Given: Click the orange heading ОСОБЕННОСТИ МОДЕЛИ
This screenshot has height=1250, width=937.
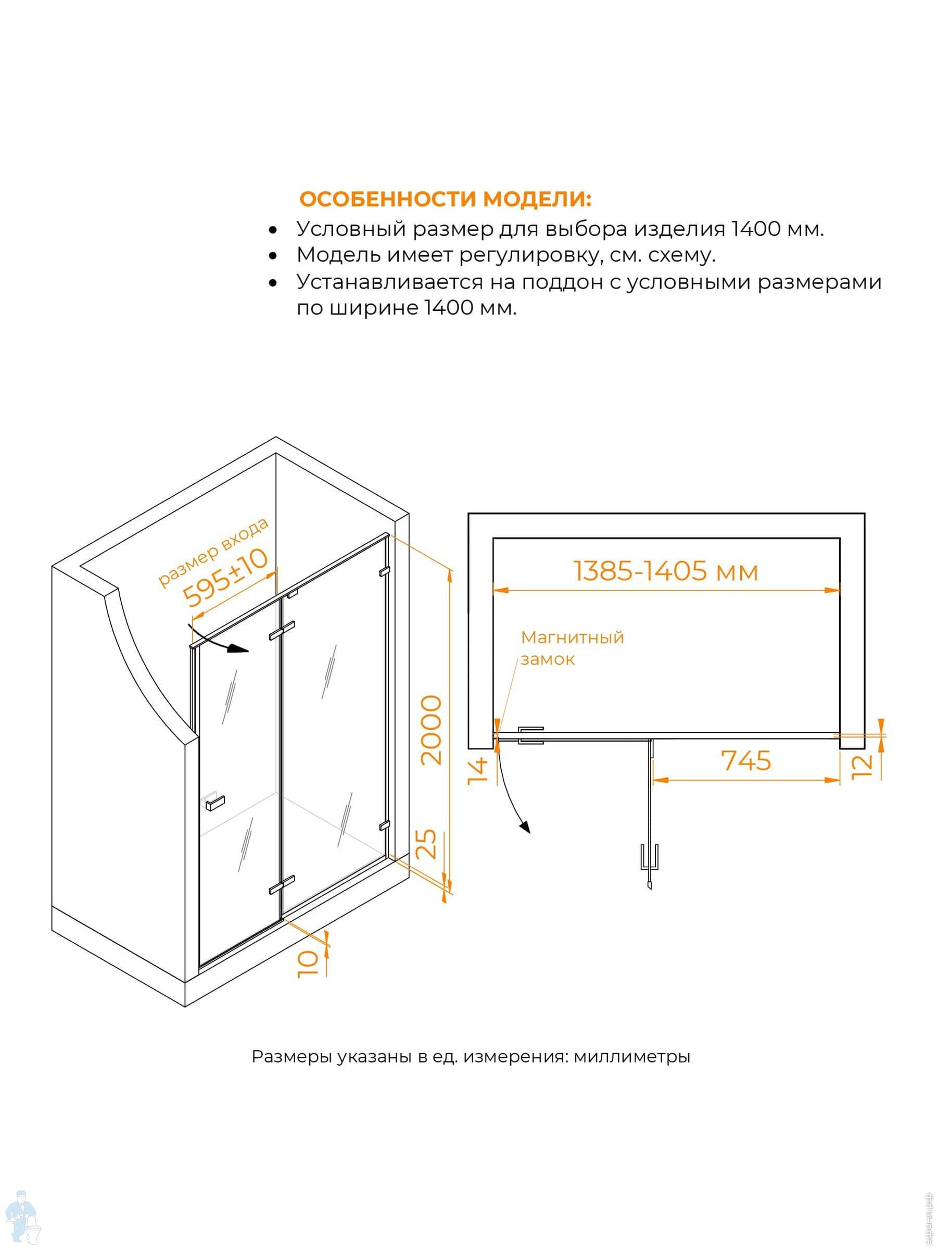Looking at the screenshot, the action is tap(445, 199).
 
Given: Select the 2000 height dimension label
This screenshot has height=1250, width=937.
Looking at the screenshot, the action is tap(432, 730).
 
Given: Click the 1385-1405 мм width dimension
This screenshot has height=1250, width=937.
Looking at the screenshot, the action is tap(666, 571).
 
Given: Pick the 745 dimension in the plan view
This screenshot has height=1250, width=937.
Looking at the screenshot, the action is tap(746, 760).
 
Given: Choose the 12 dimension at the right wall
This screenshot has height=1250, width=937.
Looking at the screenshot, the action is tap(863, 766).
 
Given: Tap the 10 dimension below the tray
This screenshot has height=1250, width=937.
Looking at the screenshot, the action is tap(308, 964).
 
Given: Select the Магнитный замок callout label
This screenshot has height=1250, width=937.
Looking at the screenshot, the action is tap(572, 648).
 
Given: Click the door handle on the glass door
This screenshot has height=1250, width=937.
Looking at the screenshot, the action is tap(214, 802).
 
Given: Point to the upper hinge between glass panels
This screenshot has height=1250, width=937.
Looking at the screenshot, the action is tap(282, 631).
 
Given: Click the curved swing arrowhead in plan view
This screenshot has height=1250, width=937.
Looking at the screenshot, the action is tap(525, 827).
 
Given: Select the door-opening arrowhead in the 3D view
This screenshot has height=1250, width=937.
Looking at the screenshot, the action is tap(239, 649).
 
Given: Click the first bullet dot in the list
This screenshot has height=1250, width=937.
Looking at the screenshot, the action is tap(273, 230).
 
